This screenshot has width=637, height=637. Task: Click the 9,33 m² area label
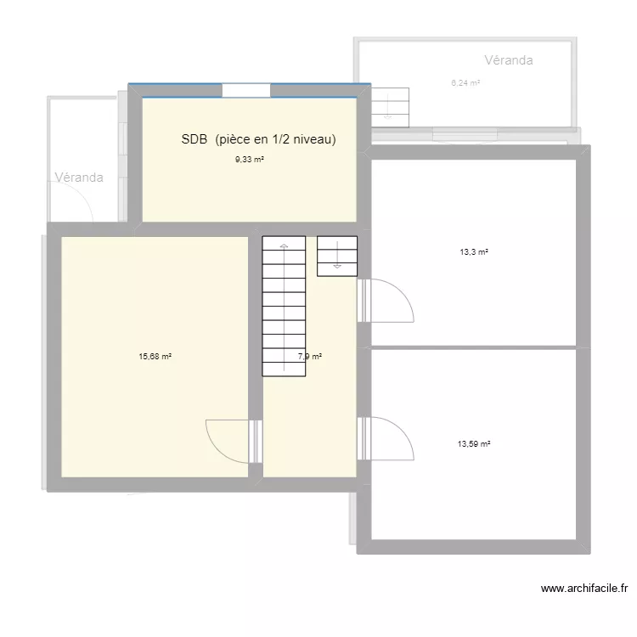pos(250,159)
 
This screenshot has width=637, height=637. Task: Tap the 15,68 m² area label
pos(155,357)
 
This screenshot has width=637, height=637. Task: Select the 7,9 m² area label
pos(309,357)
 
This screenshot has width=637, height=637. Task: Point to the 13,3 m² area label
pos(474,251)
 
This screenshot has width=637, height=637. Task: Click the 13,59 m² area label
pos(475,443)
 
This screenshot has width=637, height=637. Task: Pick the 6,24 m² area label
pos(465,82)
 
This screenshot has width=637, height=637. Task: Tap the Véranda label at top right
pos(508,60)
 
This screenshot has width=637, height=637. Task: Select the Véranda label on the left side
pos(79,178)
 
